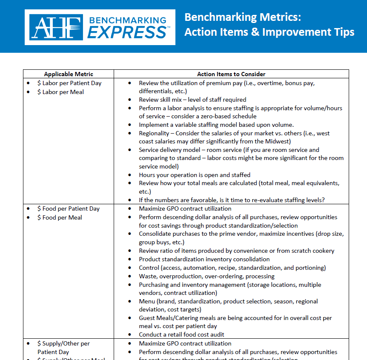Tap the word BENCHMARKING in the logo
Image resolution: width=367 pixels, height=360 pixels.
click(x=127, y=20)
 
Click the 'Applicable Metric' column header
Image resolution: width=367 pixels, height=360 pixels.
click(x=69, y=74)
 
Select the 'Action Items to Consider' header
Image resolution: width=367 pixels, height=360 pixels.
click(x=231, y=74)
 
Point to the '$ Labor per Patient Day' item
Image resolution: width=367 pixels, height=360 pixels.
click(x=69, y=83)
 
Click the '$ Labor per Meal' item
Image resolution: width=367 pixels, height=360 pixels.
click(x=60, y=92)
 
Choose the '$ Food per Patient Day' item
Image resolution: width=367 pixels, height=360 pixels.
click(x=68, y=209)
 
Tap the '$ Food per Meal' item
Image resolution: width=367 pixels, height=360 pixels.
click(x=60, y=217)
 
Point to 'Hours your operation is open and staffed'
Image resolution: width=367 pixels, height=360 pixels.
click(x=195, y=175)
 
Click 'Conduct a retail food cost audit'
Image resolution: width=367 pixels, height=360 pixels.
click(x=181, y=334)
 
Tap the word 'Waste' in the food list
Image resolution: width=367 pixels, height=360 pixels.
click(x=148, y=276)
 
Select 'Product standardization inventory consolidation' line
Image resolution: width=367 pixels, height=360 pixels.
click(x=204, y=259)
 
